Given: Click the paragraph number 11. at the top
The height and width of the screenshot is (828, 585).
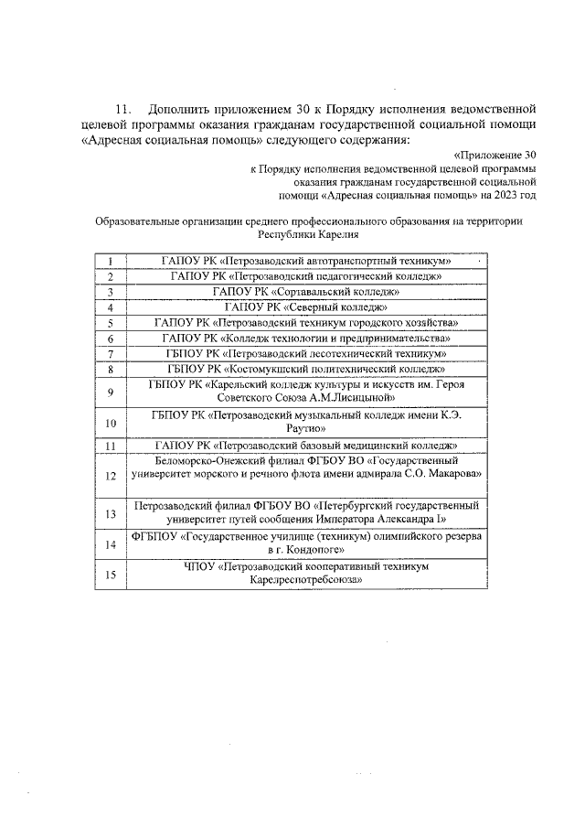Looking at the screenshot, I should (x=122, y=107).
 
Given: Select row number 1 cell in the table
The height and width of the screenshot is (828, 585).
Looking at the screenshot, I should (x=110, y=261).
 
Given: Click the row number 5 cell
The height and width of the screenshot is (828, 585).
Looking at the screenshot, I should (x=110, y=323).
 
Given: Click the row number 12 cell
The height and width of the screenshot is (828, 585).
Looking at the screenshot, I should (x=110, y=476).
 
